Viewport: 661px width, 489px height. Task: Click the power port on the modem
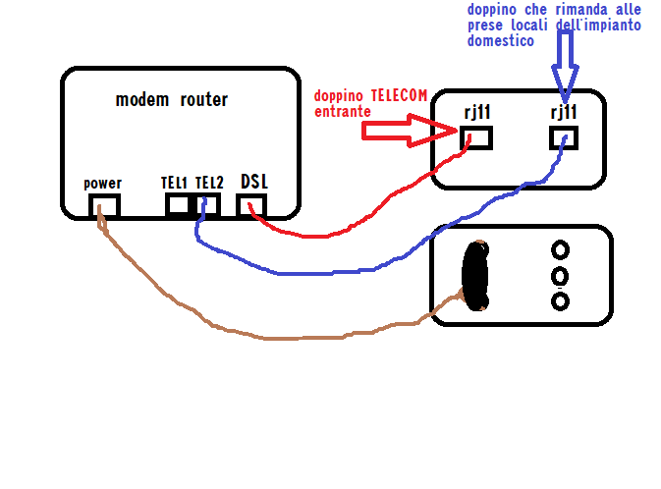pos(103,205)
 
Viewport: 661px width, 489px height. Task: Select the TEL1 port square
pos(178,205)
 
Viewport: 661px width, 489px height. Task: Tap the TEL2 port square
pos(207,205)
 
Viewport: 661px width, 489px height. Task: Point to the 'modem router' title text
pos(171,99)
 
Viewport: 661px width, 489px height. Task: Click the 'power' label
pos(102,184)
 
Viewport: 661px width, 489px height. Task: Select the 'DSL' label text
pos(253,182)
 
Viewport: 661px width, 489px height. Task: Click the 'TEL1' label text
pos(174,183)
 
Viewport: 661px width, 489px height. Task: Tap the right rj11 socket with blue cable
pos(564,137)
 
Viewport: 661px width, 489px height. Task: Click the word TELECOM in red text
pos(399,96)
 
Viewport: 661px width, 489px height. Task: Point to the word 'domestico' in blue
pos(500,41)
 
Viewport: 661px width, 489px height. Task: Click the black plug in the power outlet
pos(476,275)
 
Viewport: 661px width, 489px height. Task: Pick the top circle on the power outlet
pos(560,249)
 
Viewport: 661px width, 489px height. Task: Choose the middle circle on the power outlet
pos(560,275)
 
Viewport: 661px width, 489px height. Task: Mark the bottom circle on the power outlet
pos(560,300)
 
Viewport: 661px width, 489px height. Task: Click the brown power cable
pos(265,338)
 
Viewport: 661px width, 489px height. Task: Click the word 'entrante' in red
pos(342,112)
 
